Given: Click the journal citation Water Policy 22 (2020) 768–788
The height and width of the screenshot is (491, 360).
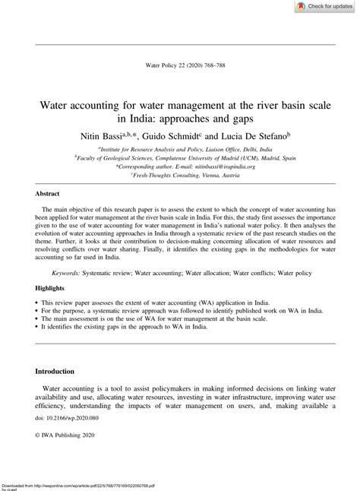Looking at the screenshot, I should [180, 65].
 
